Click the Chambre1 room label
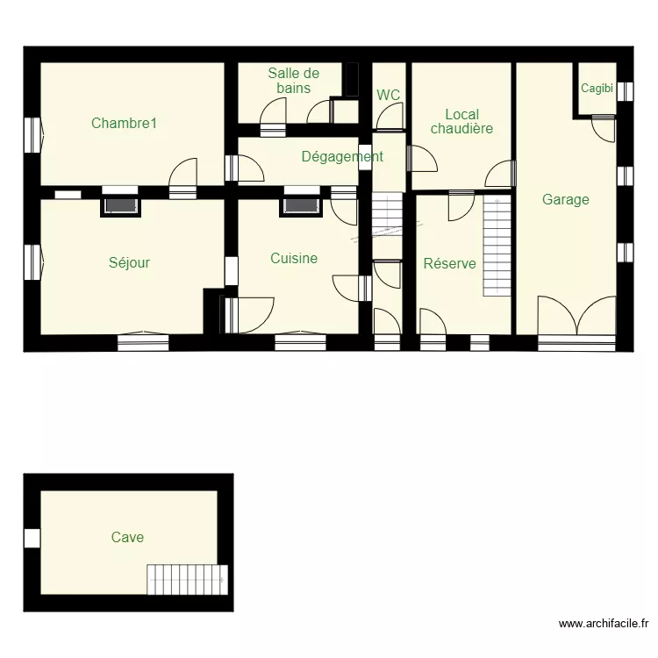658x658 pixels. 124,124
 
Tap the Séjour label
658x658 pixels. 129,262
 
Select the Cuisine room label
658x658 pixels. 294,259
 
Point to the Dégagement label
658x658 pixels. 342,157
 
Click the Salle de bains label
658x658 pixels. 294,81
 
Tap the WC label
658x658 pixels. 389,95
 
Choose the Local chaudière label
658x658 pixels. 461,121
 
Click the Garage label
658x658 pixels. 565,199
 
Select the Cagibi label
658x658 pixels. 597,89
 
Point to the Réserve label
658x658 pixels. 449,263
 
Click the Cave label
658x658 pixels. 127,537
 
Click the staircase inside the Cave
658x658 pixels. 187,579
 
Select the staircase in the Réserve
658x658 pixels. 497,246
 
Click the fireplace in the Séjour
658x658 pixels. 120,205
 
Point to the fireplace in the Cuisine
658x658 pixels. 300,205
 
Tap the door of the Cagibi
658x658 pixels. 604,128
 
